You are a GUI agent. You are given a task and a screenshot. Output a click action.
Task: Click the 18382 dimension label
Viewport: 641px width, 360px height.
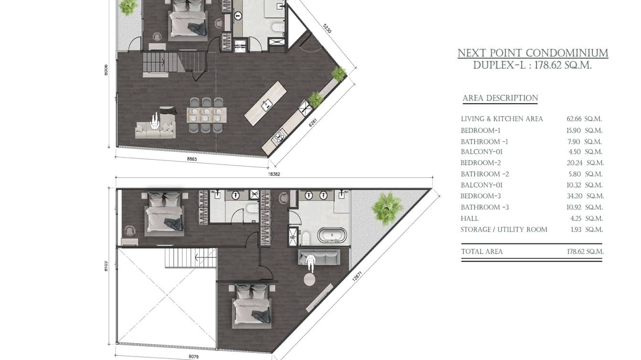[274, 174]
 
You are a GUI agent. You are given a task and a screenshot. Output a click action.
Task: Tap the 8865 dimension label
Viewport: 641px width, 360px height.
[192, 159]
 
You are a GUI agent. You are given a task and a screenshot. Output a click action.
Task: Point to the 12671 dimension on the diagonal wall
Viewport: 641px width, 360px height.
[357, 276]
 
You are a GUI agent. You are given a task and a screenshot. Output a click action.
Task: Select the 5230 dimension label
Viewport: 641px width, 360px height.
[327, 28]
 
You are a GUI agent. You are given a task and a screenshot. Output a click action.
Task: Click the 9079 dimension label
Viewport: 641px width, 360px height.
[193, 357]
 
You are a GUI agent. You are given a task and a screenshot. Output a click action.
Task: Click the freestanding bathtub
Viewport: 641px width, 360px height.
[332, 235]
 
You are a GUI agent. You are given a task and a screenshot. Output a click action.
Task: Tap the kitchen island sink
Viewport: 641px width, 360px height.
[267, 104]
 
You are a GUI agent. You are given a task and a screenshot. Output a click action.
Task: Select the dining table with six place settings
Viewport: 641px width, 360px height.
[206, 115]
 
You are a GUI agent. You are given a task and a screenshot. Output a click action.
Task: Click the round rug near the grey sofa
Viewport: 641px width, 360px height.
[310, 279]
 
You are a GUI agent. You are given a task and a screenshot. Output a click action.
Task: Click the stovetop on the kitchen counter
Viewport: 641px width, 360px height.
[279, 137]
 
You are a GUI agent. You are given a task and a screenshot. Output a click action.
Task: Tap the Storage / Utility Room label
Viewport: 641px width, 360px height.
[504, 230]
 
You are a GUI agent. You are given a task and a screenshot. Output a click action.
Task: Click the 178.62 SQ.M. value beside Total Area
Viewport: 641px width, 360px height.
[585, 252]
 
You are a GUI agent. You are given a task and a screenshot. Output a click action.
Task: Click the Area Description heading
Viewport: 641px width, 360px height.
[500, 98]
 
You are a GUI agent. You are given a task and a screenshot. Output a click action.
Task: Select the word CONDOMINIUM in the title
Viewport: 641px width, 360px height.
[567, 53]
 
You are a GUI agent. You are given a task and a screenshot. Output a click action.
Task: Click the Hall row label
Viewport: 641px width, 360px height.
[470, 219]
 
